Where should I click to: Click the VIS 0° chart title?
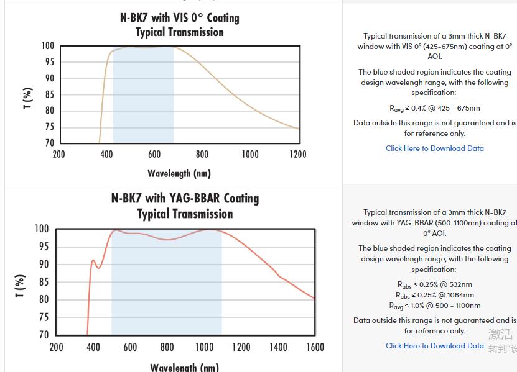point(180,25)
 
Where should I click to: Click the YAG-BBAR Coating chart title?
point(185,206)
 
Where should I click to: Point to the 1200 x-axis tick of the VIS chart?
point(298,154)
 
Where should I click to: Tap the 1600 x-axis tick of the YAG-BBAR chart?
point(314,347)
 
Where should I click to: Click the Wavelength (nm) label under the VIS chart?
point(179,173)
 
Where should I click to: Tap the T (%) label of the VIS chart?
point(27,98)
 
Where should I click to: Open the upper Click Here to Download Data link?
point(434,148)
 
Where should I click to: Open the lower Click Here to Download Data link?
point(434,346)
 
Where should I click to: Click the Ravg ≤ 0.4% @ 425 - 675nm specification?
point(434,109)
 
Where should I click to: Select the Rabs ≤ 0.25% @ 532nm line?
point(434,285)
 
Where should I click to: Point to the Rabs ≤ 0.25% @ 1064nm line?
point(434,295)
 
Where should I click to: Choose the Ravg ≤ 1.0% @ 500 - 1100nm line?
point(434,306)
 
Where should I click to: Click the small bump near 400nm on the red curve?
point(93,261)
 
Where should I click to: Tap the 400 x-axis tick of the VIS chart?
point(106,154)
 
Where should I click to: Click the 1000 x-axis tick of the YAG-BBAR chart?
point(203,347)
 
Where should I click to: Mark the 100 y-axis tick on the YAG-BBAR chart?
point(42,229)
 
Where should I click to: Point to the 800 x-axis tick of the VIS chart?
point(202,154)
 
